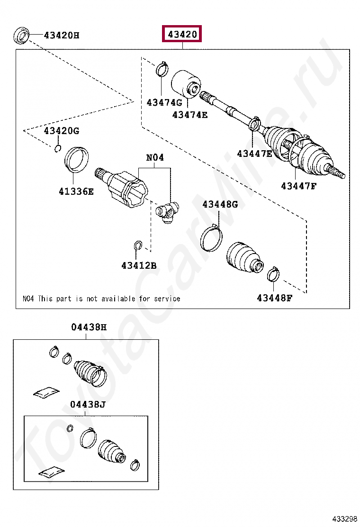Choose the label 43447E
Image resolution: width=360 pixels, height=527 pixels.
[255, 153]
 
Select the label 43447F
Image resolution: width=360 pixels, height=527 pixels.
[298, 186]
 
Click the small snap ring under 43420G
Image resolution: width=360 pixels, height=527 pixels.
[57, 149]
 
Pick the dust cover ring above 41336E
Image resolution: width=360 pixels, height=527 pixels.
[76, 160]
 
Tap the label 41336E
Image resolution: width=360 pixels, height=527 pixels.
[76, 191]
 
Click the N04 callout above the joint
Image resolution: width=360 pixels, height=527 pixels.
[154, 157]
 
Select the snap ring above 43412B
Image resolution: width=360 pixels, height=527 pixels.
[137, 245]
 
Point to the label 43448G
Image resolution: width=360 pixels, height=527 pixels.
[220, 204]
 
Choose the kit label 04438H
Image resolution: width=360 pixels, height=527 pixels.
[89, 327]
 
